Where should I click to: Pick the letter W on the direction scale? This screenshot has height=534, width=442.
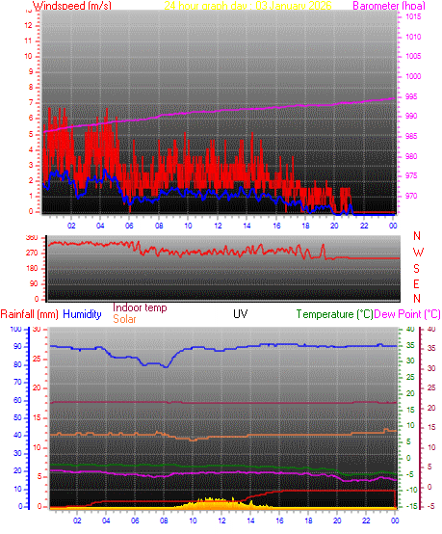point(417,252)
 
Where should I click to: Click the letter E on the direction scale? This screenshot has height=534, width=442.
point(417,283)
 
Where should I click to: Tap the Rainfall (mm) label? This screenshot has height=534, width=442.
point(29,314)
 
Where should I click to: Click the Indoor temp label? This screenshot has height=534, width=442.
point(140,307)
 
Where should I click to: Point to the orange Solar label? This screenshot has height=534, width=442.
point(124,319)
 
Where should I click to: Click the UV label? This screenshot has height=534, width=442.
point(240,314)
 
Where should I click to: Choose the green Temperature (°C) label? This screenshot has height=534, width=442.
point(335,314)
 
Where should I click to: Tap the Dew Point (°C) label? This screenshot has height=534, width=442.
point(407,314)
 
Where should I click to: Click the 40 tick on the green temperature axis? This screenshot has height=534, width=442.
point(409,330)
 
